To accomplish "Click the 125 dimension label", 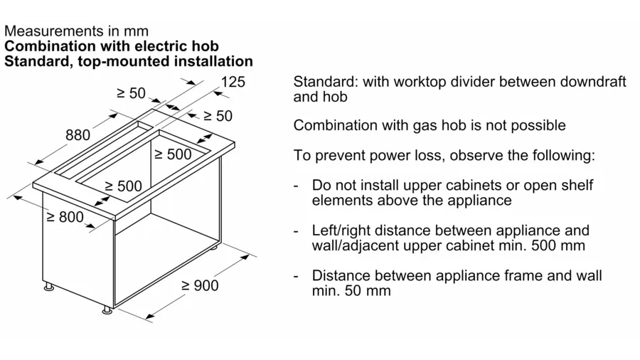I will (233, 82).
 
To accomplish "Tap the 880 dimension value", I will (78, 136).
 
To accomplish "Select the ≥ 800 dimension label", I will (65, 217).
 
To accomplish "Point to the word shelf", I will (577, 185).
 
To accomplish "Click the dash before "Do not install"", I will (295, 185).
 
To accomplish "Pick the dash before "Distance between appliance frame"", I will (295, 275).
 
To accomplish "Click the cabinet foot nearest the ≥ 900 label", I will (107, 309).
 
